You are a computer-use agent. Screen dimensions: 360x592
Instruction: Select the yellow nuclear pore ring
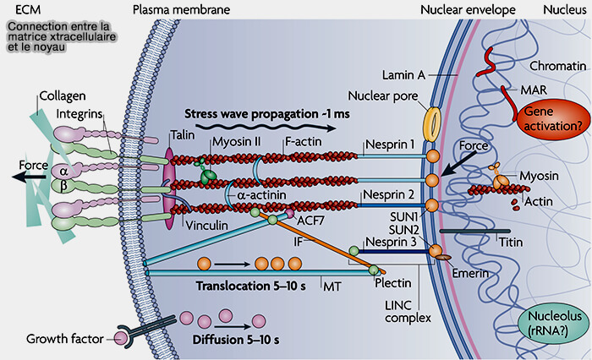tap(432, 123)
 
